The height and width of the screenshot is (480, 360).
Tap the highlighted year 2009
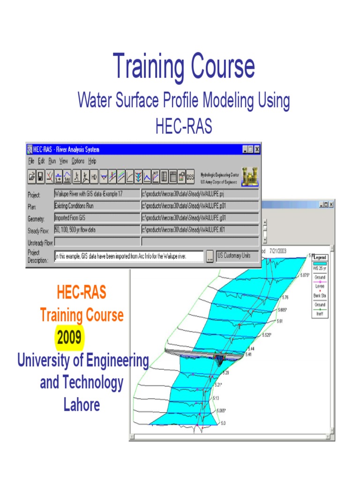[69, 337]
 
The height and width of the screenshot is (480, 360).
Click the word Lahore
[82, 405]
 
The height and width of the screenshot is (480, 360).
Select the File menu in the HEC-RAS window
[31, 161]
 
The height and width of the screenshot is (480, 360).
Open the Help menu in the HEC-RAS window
[92, 161]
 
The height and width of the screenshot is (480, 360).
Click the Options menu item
[78, 161]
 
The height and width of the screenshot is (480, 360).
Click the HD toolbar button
[93, 177]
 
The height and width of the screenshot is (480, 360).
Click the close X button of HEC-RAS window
[257, 150]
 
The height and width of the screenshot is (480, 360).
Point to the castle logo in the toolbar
[249, 176]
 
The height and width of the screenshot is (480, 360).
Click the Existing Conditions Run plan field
[97, 206]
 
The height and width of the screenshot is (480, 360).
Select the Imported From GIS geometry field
[97, 217]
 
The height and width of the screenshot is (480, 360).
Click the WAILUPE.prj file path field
[200, 194]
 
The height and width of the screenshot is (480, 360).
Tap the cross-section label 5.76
[285, 298]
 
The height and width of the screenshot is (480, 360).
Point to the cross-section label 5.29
[225, 373]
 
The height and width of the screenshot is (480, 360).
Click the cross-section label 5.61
[280, 321]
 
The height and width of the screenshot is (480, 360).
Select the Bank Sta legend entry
[320, 296]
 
